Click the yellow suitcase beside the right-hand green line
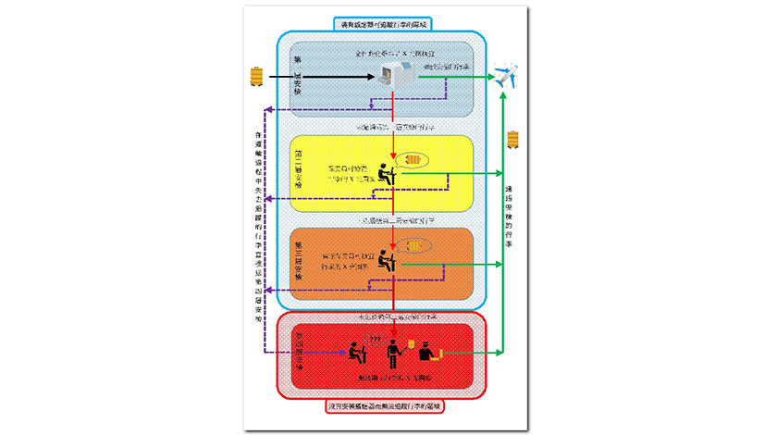513,141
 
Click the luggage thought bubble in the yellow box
416,160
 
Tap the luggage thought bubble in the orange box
416,245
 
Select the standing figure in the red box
395,353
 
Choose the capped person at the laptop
426,353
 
